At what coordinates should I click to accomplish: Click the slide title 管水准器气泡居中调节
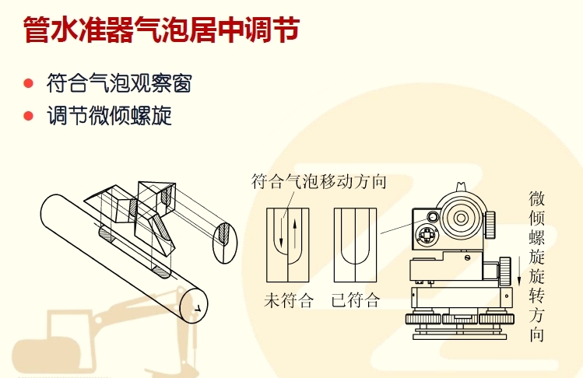click(x=162, y=30)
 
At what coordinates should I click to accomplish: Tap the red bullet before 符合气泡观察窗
click(x=28, y=83)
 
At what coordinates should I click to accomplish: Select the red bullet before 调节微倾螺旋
click(x=28, y=116)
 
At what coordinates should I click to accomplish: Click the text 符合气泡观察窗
click(x=119, y=83)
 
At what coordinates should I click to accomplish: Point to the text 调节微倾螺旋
click(x=109, y=116)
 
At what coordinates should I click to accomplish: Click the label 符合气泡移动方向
click(x=318, y=181)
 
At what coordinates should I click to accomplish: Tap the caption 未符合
click(x=289, y=300)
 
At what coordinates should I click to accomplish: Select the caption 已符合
click(x=356, y=300)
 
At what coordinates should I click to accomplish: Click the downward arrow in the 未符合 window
click(x=281, y=233)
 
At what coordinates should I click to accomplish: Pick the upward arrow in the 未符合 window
click(x=295, y=234)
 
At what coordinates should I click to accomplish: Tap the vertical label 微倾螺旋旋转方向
click(x=536, y=266)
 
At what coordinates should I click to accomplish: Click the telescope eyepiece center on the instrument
click(x=461, y=218)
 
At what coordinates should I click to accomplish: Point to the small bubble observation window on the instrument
click(x=433, y=217)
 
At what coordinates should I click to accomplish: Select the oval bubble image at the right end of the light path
click(x=225, y=243)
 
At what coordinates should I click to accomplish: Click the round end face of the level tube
click(x=194, y=305)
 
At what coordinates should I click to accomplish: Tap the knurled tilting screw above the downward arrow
click(x=505, y=271)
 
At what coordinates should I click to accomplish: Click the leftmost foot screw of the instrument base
click(x=423, y=319)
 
